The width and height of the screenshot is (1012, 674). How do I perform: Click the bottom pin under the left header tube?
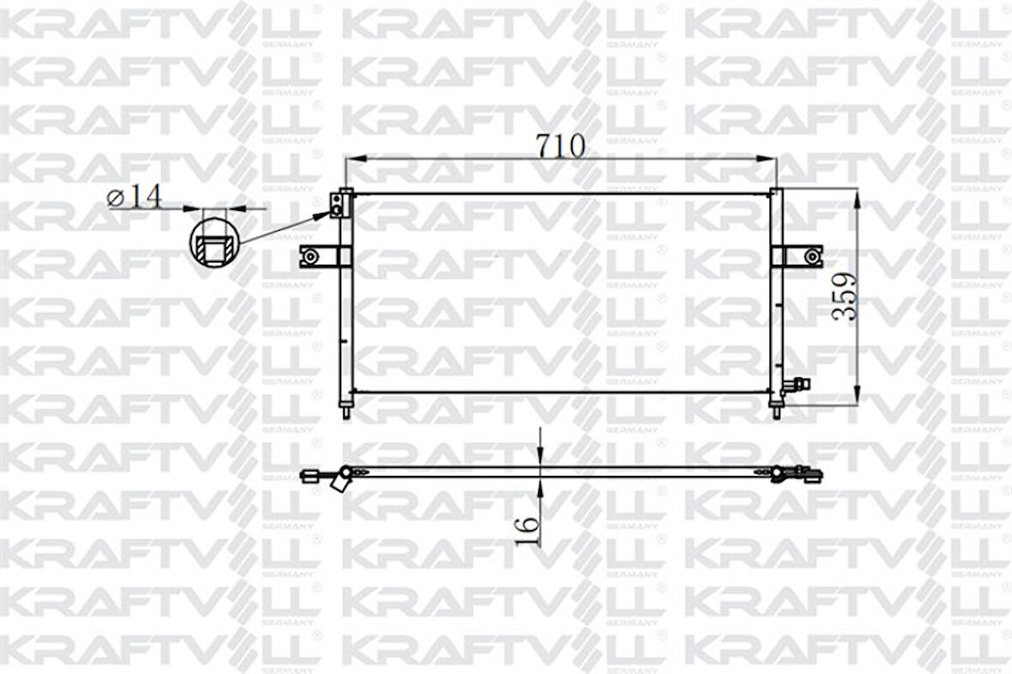click(346, 412)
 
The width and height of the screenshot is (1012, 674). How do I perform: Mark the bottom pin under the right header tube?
click(776, 412)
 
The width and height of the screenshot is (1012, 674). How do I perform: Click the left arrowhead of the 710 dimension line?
click(351, 159)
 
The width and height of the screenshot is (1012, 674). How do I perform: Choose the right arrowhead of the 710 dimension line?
click(769, 159)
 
